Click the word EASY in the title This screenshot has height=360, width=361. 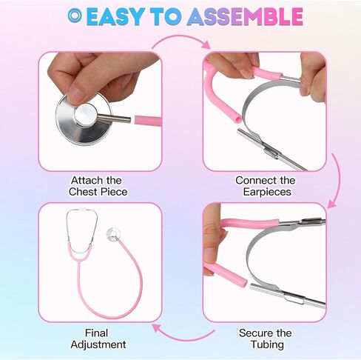pos(114,16)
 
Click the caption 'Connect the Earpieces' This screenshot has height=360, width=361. pos(265,186)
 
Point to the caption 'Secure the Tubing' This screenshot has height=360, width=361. pos(265,339)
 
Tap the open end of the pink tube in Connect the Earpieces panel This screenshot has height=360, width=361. pos(232,118)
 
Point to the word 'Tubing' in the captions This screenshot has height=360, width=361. pos(265,344)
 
